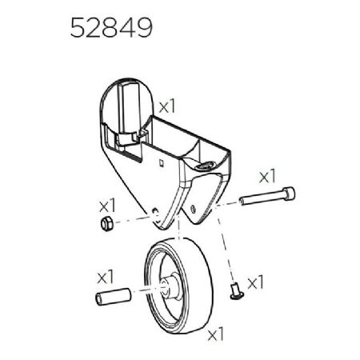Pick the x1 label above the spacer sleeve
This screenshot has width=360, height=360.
[x=106, y=276]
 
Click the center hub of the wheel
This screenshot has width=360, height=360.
[x=170, y=284]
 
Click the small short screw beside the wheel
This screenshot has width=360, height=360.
[x=235, y=291]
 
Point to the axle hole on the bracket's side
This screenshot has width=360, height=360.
[x=154, y=211]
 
